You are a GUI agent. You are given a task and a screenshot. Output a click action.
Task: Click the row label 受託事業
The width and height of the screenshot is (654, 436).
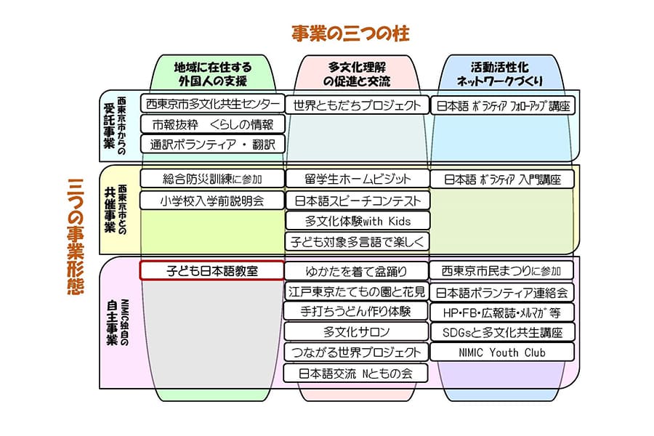[110, 125]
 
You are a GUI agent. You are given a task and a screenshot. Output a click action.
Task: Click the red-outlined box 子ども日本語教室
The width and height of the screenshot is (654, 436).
[211, 271]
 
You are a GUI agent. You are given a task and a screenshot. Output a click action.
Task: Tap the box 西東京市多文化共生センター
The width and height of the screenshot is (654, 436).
[211, 105]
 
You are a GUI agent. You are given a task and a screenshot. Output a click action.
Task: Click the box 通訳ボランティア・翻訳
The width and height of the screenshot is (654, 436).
[211, 144]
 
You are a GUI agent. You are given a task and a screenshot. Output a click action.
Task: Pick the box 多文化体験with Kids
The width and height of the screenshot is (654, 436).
[357, 220]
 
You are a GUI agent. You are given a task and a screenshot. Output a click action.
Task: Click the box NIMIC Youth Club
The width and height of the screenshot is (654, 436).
[502, 352]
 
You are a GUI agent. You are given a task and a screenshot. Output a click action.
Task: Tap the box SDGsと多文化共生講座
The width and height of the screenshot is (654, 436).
[502, 332]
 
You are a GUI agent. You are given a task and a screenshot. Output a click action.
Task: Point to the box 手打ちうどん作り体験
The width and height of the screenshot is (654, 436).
[356, 312]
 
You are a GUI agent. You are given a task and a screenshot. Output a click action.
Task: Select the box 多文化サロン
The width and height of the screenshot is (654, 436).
[356, 332]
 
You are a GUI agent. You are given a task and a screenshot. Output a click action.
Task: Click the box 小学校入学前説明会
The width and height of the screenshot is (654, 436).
[211, 199]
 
